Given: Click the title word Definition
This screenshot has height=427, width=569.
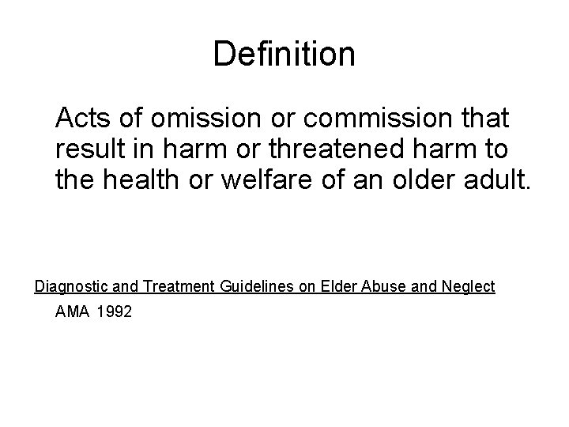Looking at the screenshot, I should coord(284,54).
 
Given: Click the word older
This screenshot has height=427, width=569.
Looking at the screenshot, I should coord(428,179).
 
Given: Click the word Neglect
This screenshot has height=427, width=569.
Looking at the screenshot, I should coord(468,286).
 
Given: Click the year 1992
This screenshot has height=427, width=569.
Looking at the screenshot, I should coord(115,312).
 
